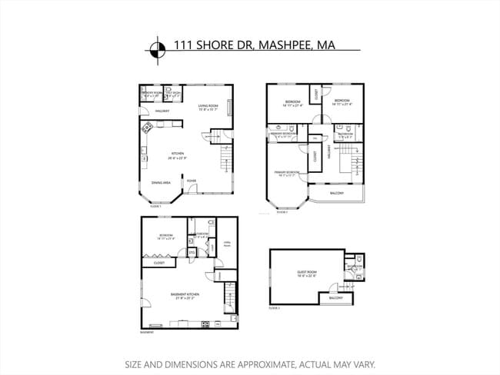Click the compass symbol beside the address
[157, 48]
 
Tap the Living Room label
[208, 107]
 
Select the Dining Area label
[161, 182]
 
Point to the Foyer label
[191, 181]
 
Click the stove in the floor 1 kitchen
[145, 128]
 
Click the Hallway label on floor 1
[162, 111]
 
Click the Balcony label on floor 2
[336, 194]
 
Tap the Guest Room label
[308, 273]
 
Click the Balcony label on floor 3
[335, 297]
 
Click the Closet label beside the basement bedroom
[159, 263]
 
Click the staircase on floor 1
[226, 161]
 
